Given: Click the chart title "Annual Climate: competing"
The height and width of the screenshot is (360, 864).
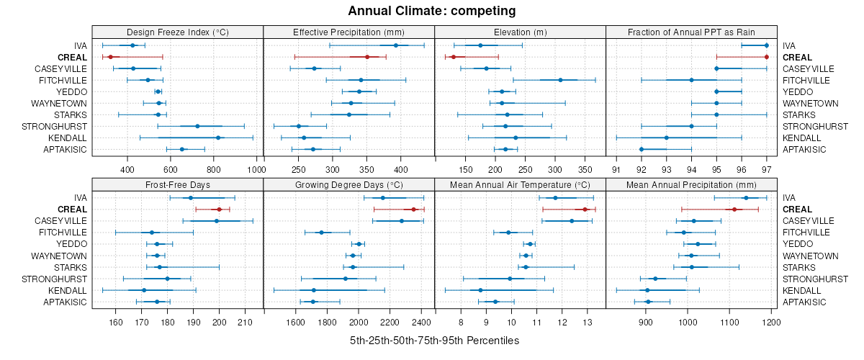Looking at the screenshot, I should click(x=432, y=11).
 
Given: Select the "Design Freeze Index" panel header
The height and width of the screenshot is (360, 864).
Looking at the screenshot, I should click(x=178, y=32).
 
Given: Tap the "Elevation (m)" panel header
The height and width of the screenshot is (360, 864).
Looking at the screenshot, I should click(x=520, y=32).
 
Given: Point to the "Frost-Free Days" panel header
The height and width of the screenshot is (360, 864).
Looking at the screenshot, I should click(x=178, y=184).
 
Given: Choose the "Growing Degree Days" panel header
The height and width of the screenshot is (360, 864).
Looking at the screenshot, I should click(x=349, y=184).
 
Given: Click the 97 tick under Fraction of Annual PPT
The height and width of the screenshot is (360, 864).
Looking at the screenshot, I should click(x=766, y=169).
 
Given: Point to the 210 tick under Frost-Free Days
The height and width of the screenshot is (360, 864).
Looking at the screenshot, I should click(x=245, y=322).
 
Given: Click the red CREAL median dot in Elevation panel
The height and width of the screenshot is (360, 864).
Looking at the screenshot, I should click(x=454, y=57).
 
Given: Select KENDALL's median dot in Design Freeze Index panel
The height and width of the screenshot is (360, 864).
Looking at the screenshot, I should click(x=218, y=138).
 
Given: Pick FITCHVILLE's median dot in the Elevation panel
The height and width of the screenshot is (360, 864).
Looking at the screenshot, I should click(x=560, y=80).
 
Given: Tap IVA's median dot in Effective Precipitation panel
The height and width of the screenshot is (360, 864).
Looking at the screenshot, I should click(x=396, y=45).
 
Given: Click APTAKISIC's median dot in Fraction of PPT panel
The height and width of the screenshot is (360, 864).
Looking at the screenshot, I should click(x=642, y=149).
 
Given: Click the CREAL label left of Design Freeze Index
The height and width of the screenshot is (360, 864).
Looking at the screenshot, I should click(x=72, y=57).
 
